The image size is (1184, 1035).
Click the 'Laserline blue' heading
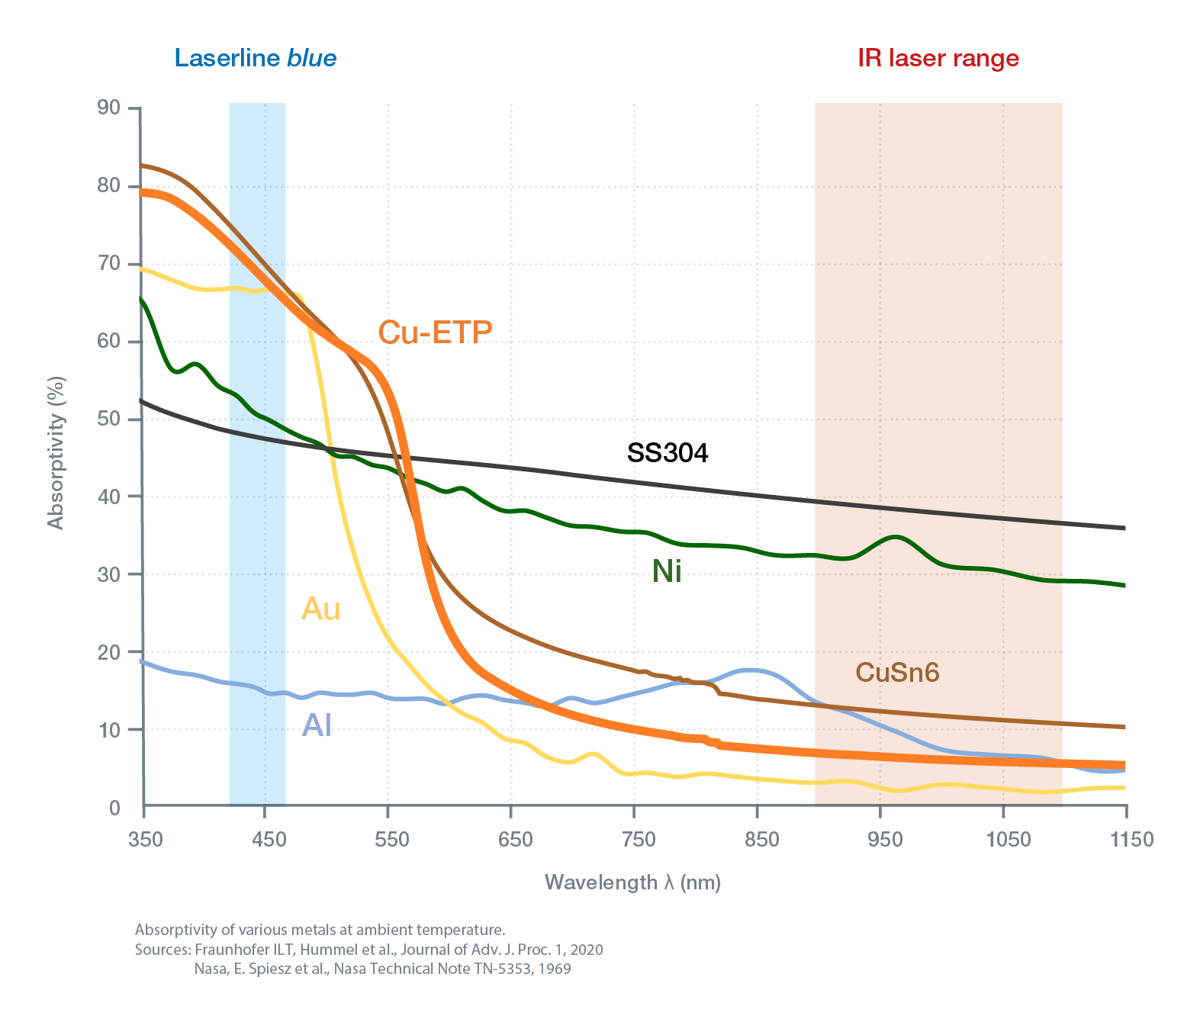(x=255, y=58)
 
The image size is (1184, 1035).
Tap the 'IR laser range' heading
(x=938, y=58)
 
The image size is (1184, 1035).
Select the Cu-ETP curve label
(x=435, y=332)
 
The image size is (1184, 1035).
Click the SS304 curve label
(x=668, y=453)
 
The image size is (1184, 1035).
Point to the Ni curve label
(x=667, y=571)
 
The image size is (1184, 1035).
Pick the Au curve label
(x=320, y=609)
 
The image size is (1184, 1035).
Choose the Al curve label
(x=317, y=725)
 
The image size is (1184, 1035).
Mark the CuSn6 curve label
(x=897, y=672)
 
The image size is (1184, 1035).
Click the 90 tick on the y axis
(x=109, y=108)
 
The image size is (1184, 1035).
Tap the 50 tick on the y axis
(x=109, y=419)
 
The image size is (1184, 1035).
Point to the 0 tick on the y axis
(x=114, y=808)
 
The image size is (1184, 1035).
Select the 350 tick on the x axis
(x=145, y=840)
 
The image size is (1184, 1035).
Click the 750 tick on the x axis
(x=639, y=840)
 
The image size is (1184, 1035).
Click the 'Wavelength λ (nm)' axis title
(x=632, y=882)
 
